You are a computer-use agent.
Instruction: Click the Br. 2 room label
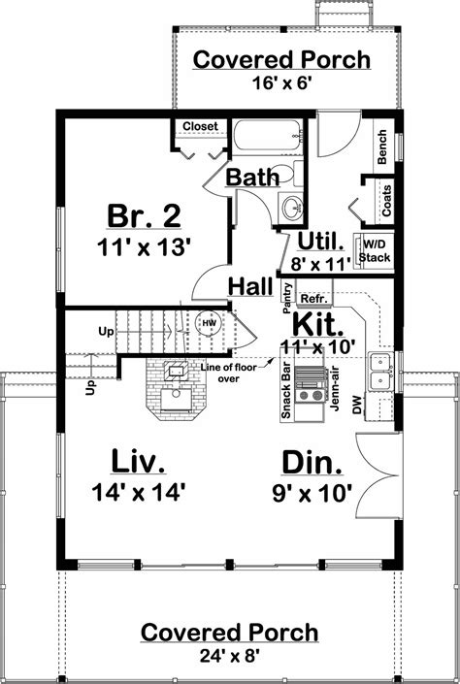pyautogui.click(x=144, y=214)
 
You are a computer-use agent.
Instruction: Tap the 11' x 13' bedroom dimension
pyautogui.click(x=144, y=246)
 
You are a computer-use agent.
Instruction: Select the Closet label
pyautogui.click(x=200, y=126)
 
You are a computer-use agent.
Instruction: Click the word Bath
pyautogui.click(x=254, y=177)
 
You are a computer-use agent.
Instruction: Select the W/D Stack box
pyautogui.click(x=375, y=250)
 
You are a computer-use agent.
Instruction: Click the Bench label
pyautogui.click(x=383, y=145)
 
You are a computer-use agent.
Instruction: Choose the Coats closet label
pyautogui.click(x=386, y=202)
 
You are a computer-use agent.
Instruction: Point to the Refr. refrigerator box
pyautogui.click(x=312, y=298)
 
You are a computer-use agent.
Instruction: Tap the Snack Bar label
pyautogui.click(x=287, y=393)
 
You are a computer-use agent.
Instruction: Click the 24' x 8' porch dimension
pyautogui.click(x=229, y=655)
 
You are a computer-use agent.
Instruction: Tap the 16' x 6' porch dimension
pyautogui.click(x=268, y=82)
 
